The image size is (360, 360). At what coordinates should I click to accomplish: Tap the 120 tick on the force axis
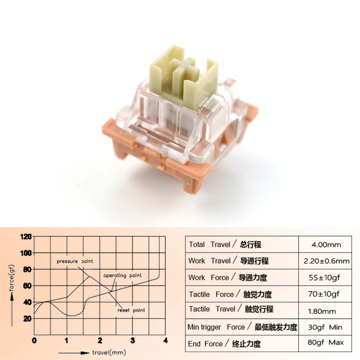tap(27, 237)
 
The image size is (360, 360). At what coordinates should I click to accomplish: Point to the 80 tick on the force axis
tap(27, 270)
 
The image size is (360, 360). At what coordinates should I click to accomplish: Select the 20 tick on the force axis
tap(27, 319)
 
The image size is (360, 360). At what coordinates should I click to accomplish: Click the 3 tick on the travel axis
tap(133, 340)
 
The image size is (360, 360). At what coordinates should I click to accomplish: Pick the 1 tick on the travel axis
tap(67, 340)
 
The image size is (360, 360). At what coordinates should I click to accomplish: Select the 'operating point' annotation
tap(122, 275)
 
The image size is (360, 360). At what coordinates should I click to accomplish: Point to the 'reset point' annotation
tap(131, 310)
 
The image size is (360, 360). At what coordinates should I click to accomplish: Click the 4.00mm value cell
tap(326, 245)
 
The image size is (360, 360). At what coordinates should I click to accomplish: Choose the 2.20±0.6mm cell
tap(326, 261)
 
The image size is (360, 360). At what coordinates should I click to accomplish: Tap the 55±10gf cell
tap(326, 278)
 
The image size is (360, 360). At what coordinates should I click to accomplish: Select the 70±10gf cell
tap(326, 294)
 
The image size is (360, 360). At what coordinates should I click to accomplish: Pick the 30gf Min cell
tap(326, 327)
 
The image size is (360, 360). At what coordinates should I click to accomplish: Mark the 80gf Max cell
tap(326, 343)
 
